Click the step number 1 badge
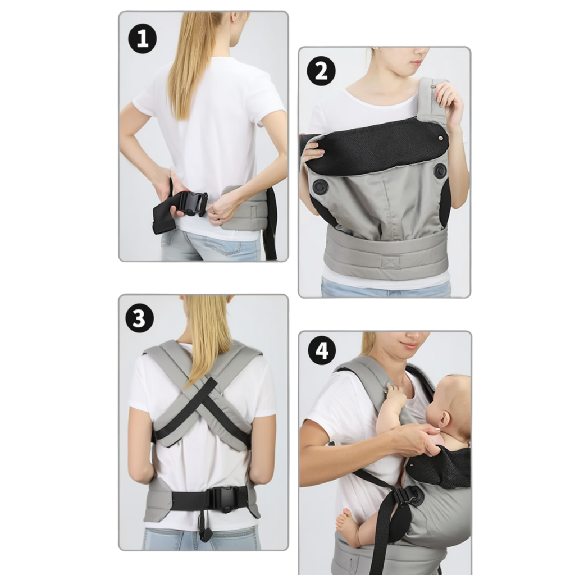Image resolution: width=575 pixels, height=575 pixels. (142, 39)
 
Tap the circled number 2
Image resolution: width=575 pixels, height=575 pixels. (321, 71)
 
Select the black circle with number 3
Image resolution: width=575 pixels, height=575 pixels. (139, 318)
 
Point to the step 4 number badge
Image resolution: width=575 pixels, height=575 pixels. (322, 351)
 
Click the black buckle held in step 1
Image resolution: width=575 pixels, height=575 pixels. (193, 204)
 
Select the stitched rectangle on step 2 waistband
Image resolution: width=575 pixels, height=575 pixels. (390, 262)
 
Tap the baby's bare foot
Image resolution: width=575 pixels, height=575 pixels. (348, 527)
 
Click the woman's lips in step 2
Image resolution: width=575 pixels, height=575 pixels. (416, 63)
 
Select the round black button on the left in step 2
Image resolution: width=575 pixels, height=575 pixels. (320, 188)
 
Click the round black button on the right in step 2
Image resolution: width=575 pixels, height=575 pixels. (440, 171)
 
